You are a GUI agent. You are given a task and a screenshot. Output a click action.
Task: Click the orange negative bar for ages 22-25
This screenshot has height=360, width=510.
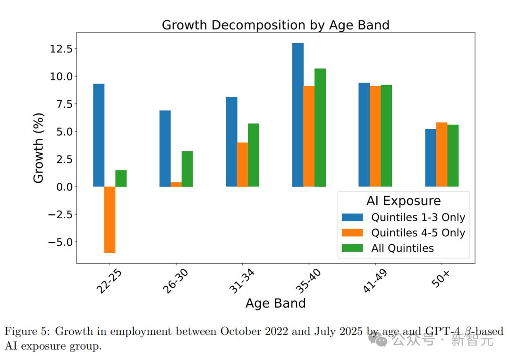click(110, 220)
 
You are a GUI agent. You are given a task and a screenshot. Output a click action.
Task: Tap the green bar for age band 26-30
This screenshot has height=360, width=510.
click(187, 169)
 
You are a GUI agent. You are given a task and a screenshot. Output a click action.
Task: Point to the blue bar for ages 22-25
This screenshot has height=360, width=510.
click(99, 135)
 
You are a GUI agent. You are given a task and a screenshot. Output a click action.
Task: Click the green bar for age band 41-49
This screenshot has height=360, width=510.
click(386, 136)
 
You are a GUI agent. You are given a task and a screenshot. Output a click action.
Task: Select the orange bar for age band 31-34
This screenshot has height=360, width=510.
click(242, 164)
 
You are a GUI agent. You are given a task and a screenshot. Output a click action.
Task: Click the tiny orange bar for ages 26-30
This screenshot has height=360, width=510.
click(176, 184)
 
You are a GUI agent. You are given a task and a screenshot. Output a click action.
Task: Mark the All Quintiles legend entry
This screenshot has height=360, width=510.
click(402, 248)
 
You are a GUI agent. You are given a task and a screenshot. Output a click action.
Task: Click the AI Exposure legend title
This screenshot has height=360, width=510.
click(403, 201)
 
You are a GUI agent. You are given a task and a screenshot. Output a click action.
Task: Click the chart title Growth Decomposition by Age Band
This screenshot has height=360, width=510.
click(275, 25)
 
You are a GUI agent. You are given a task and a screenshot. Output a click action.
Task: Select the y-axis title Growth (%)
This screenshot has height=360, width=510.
click(39, 147)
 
